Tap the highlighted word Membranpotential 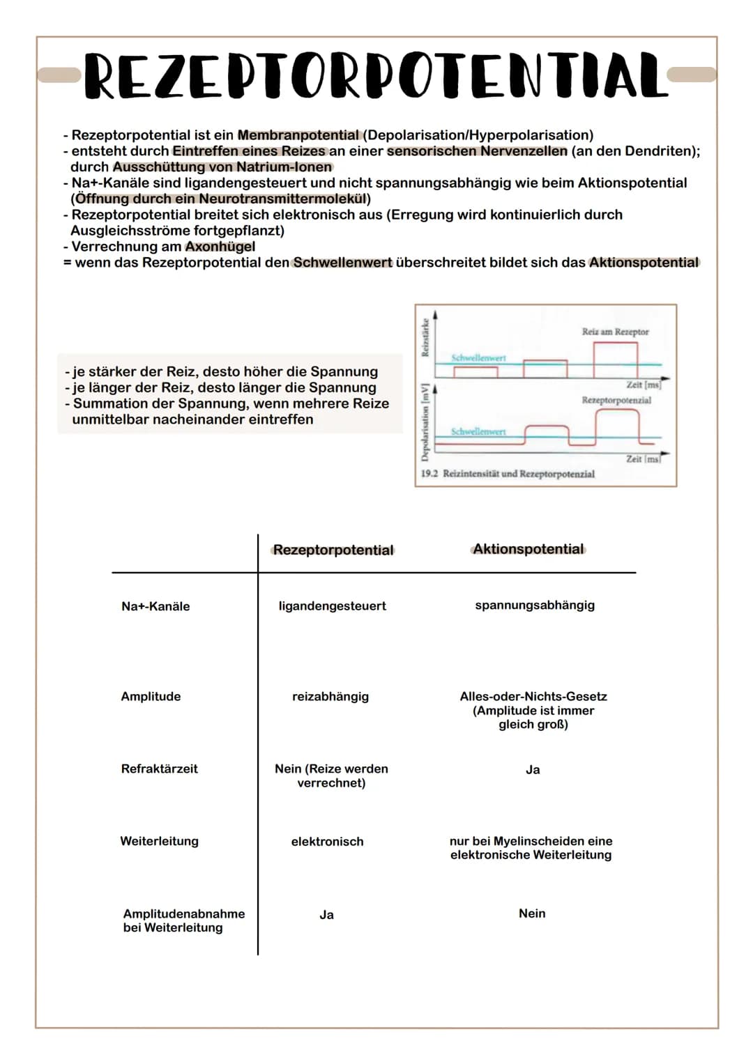tap(298, 135)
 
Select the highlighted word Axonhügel tap(220, 247)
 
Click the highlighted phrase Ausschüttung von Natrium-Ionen tap(222, 167)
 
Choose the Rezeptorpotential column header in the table tap(333, 550)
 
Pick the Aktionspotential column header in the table tap(528, 549)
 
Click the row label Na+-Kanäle tap(155, 606)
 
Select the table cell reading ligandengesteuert tap(332, 606)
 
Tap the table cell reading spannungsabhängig tap(535, 605)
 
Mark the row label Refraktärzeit tap(160, 769)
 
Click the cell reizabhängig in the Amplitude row tap(330, 696)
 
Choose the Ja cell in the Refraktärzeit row tap(533, 769)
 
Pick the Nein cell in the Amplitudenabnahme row tap(532, 913)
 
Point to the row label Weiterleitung tap(159, 841)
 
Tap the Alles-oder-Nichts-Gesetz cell tap(533, 696)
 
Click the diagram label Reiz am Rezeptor tap(615, 332)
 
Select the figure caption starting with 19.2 tap(508, 474)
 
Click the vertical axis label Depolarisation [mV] tap(425, 420)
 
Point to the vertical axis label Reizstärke tap(425, 338)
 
